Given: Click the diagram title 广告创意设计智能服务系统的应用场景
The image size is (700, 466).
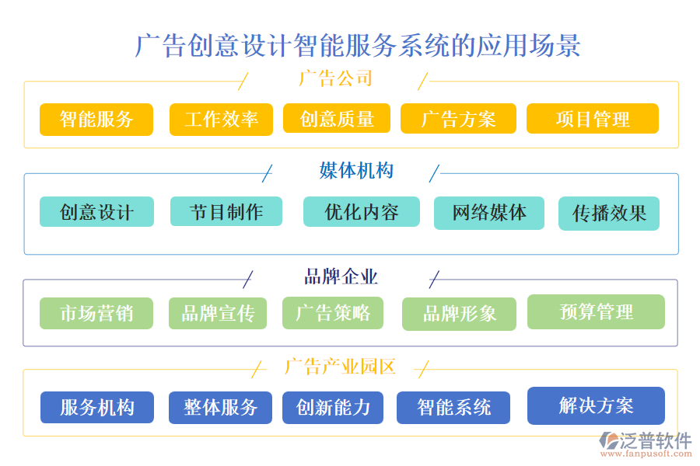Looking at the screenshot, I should [358, 45].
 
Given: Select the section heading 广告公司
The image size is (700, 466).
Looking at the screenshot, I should [335, 78].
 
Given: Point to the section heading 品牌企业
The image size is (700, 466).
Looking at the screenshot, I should [341, 276].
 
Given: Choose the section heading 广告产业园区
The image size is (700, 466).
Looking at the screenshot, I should [340, 367].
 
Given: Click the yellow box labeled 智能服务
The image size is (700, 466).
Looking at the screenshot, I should [96, 120].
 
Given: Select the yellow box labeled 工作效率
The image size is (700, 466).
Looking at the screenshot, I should [221, 120].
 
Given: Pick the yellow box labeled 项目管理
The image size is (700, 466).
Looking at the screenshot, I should [593, 120].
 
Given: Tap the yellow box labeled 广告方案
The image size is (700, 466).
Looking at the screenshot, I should [458, 120].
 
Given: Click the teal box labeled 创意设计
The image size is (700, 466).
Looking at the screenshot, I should [96, 212].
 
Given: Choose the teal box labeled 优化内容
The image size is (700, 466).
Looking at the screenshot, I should [361, 212].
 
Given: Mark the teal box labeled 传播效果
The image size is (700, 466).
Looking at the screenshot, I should [609, 214].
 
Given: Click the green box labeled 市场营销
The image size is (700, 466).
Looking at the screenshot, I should [96, 313].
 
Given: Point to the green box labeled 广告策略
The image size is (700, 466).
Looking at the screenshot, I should [333, 313].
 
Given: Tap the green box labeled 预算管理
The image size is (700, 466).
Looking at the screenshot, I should [596, 312].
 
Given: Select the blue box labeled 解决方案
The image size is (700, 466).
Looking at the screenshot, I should [596, 405].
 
